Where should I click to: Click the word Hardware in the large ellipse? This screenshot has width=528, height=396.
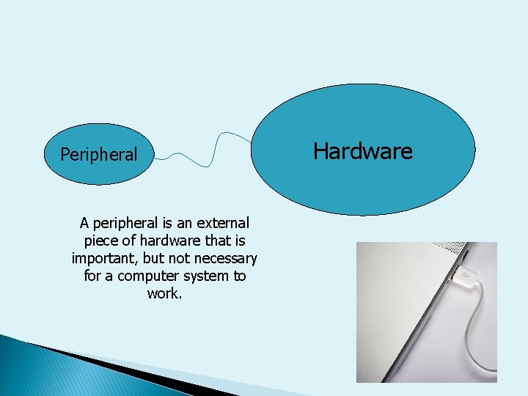click(x=362, y=151)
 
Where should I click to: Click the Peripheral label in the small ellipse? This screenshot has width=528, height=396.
click(x=98, y=155)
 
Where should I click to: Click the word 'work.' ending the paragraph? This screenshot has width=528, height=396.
click(x=164, y=294)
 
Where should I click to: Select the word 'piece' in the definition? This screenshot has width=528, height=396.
click(x=103, y=241)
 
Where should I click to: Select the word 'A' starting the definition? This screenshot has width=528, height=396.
click(x=84, y=222)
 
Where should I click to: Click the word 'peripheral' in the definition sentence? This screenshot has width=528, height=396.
click(x=126, y=222)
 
